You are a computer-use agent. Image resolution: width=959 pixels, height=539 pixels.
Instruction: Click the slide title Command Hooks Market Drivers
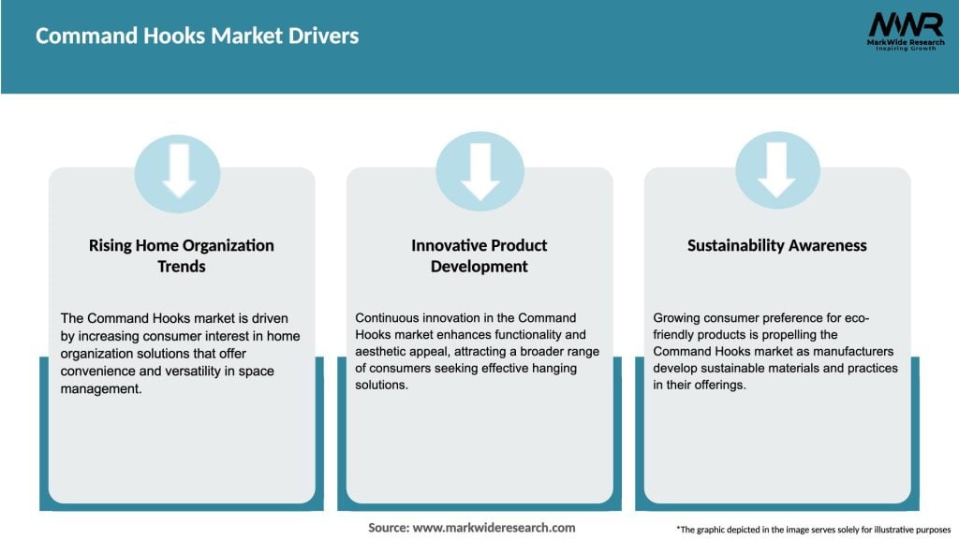tap(197, 36)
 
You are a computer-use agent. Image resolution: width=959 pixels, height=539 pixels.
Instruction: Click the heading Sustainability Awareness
tap(777, 245)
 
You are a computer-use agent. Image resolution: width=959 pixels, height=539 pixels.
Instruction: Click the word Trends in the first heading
tap(182, 267)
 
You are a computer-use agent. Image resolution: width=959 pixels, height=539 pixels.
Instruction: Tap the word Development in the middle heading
tap(479, 267)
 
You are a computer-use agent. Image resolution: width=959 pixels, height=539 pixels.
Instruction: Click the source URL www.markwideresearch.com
tap(495, 528)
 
